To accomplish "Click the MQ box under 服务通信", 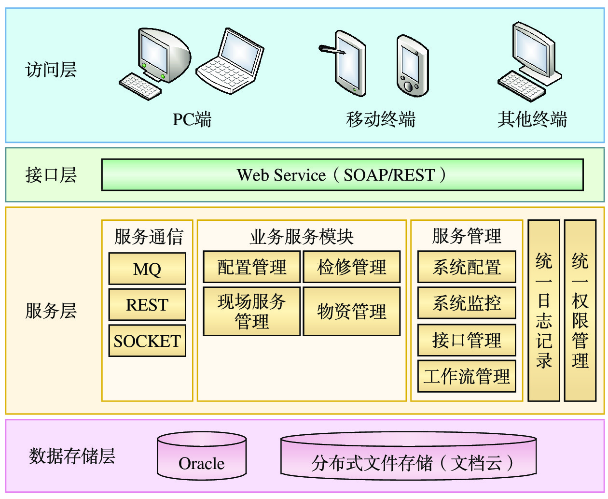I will click(147, 269).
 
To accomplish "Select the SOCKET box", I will click(147, 341).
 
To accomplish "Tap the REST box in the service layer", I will click(147, 305).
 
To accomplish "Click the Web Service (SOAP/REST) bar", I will click(342, 175).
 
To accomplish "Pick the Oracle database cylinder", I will click(202, 457).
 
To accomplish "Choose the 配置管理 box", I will click(252, 267).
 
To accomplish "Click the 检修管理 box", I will click(352, 267).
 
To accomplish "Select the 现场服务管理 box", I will click(252, 312).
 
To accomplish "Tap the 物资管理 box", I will click(352, 312).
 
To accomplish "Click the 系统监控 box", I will click(467, 303).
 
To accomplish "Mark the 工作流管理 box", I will click(467, 376).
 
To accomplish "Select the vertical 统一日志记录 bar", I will click(544, 311).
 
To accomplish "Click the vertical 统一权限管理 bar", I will click(580, 311).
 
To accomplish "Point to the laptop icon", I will click(231, 62).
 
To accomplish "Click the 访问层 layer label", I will click(51, 70).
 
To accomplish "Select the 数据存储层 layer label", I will click(72, 456).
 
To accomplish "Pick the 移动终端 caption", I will click(381, 119).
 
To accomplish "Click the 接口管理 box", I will click(467, 340).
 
